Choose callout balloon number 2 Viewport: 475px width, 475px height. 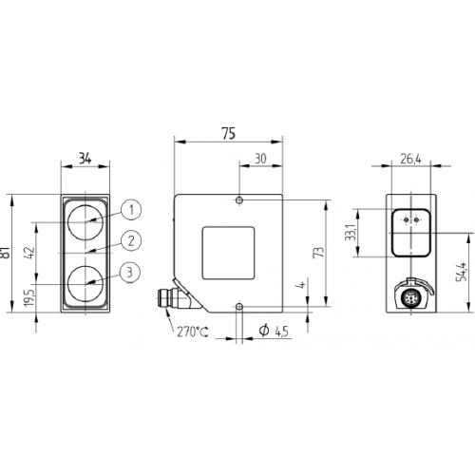pyautogui.click(x=132, y=241)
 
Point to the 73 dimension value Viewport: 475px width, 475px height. pyautogui.click(x=320, y=253)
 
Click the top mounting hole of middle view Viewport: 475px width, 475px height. pyautogui.click(x=240, y=200)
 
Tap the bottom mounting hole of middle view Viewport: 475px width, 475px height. pyautogui.click(x=240, y=306)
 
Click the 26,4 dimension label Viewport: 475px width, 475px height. pyautogui.click(x=410, y=160)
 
